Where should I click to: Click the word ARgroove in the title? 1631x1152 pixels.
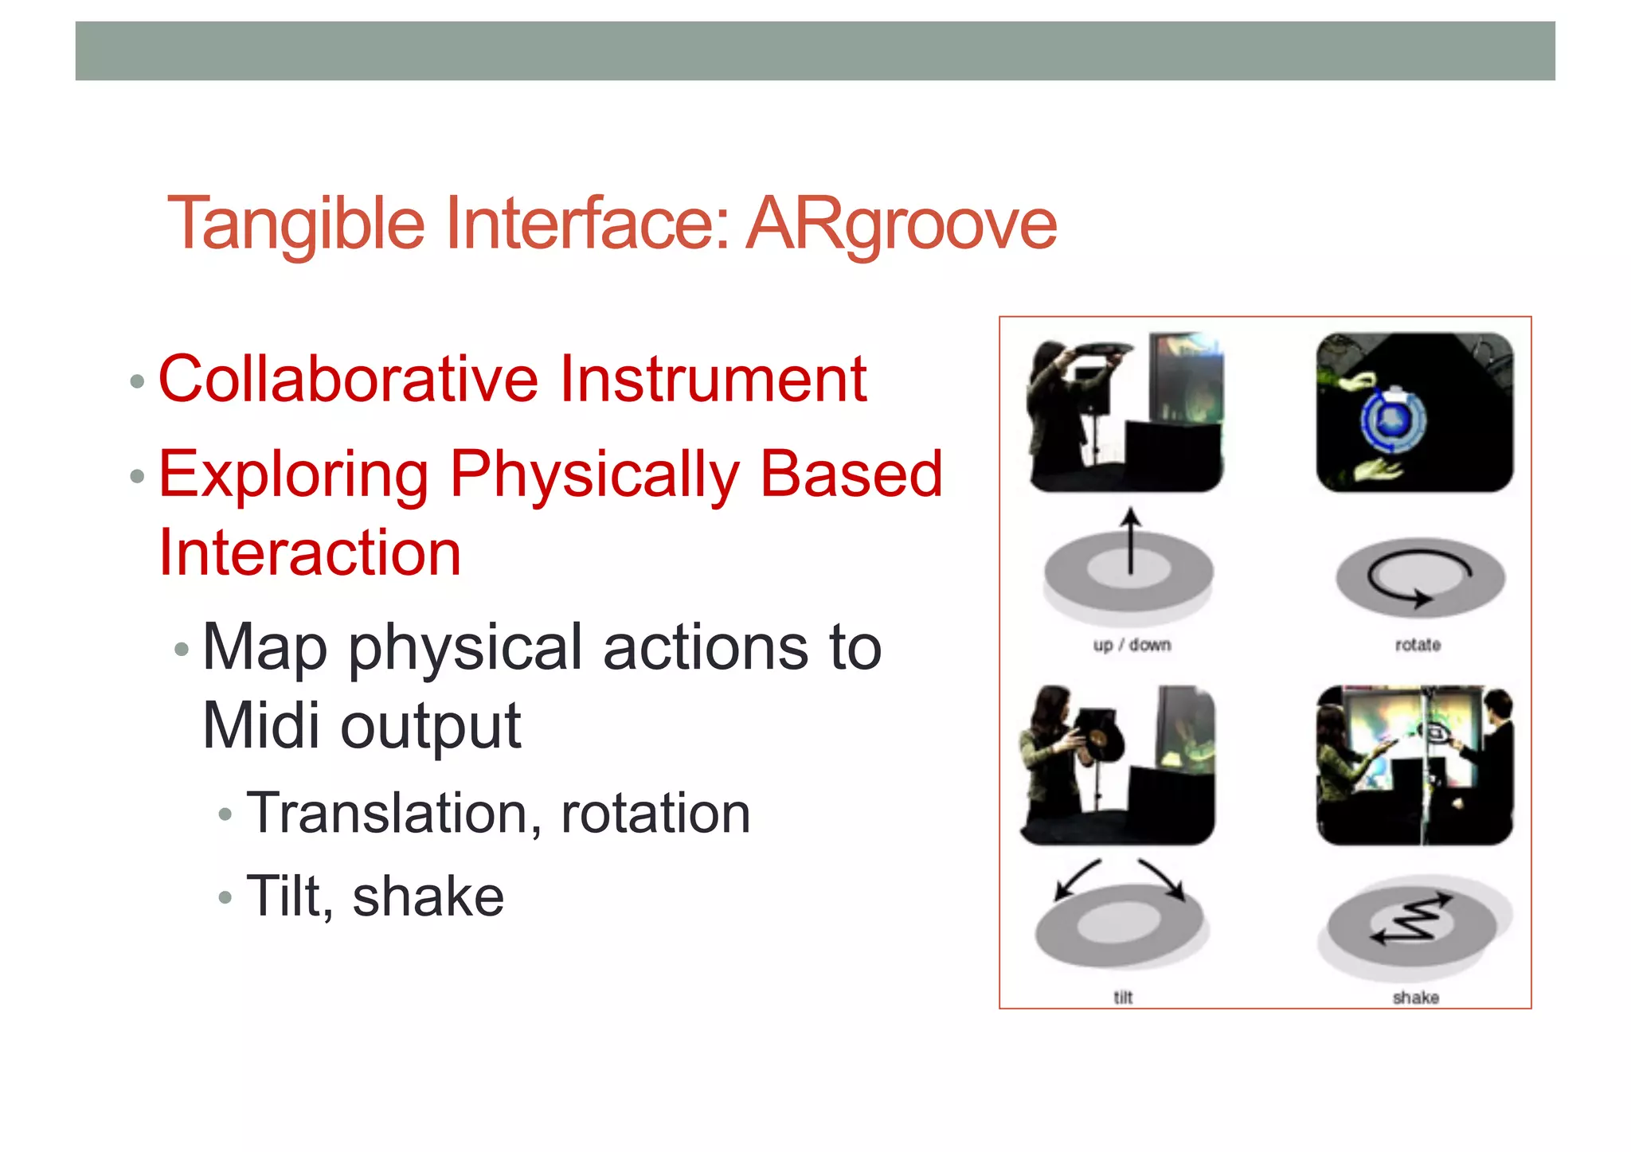[902, 224]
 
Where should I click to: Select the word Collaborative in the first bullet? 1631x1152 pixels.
[348, 379]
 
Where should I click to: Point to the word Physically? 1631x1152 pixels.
[594, 475]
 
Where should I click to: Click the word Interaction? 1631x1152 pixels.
[310, 553]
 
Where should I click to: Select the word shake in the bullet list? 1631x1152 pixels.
[428, 897]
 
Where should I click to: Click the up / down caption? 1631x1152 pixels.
[1132, 645]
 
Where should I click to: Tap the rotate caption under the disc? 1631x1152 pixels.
[1418, 645]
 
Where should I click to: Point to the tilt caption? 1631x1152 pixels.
[1123, 998]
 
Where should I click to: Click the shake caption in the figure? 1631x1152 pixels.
[1415, 998]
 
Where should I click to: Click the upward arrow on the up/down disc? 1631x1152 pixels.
[1130, 541]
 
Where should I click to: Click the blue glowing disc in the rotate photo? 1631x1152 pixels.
[1392, 420]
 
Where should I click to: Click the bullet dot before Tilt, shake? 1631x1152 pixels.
[225, 898]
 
